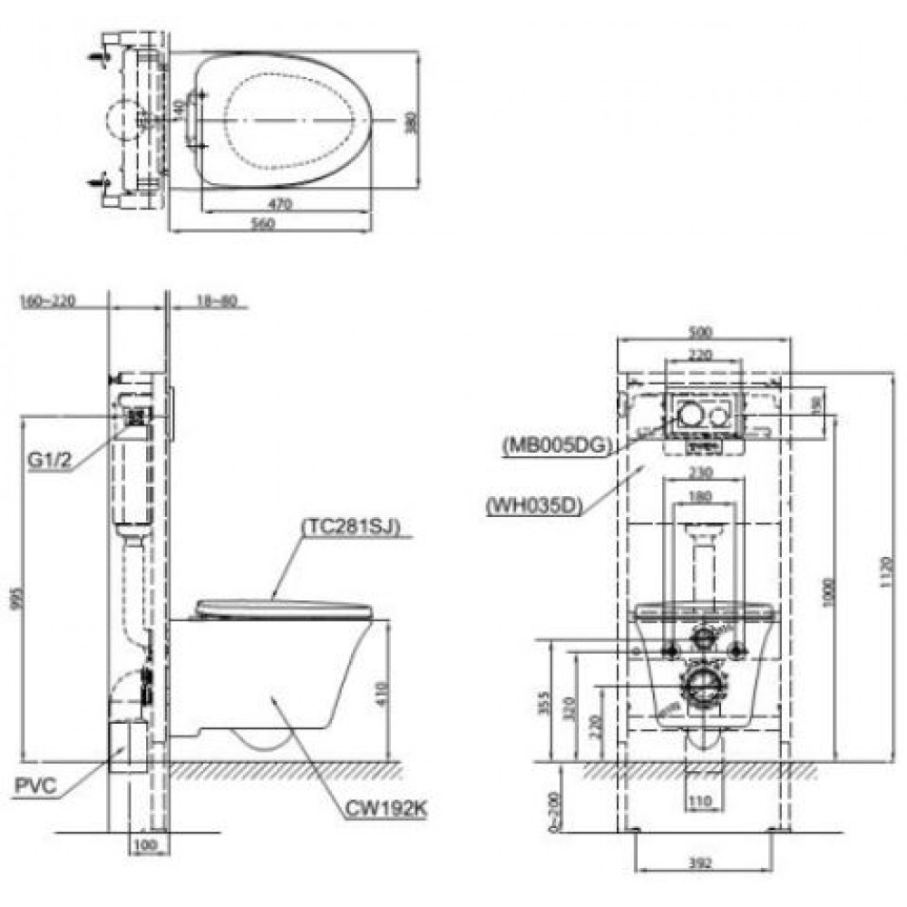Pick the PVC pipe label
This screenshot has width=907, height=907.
[x=36, y=785]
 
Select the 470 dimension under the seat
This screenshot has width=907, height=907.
[x=281, y=206]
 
